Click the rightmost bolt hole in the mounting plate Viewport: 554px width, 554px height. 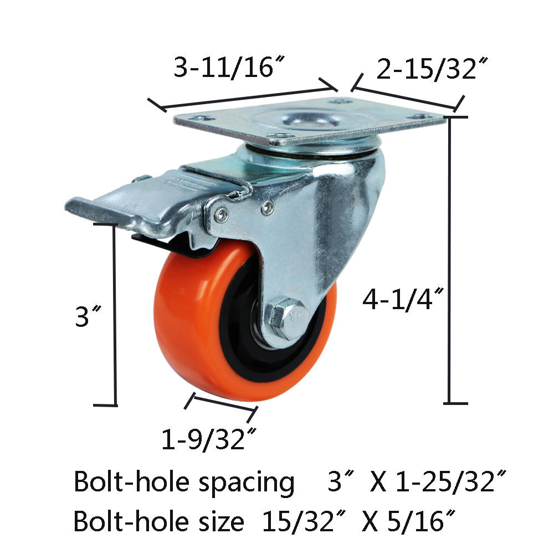click(x=424, y=117)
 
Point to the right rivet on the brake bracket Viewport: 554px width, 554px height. click(x=269, y=207)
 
